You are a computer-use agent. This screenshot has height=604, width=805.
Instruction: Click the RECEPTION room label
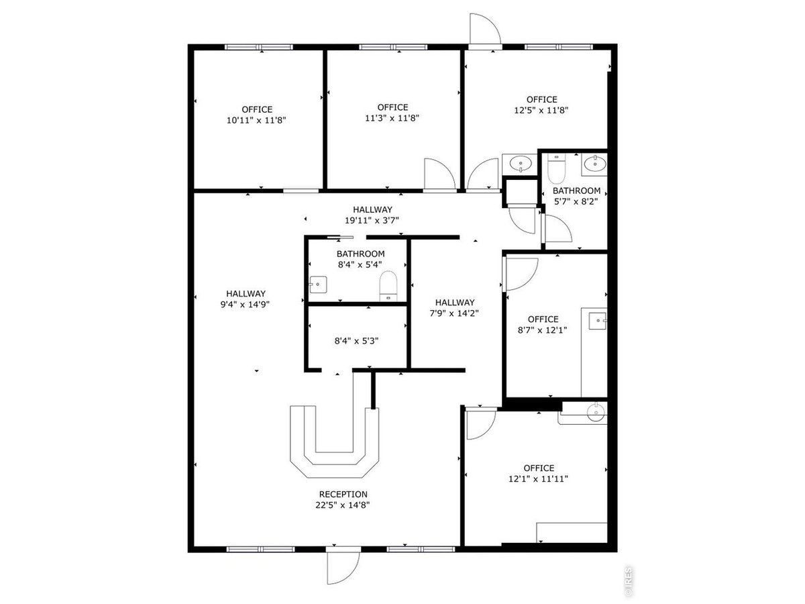tap(343, 495)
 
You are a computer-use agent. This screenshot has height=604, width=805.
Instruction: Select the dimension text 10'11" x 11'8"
tap(256, 120)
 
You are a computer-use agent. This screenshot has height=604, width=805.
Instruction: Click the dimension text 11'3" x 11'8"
tap(392, 117)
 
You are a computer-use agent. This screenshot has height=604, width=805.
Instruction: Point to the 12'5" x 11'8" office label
tap(541, 105)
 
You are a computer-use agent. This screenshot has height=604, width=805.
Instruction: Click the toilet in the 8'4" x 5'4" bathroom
tap(388, 286)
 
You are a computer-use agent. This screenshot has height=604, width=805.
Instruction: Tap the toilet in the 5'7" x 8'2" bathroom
tap(556, 168)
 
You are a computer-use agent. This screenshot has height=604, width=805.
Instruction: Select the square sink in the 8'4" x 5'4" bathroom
tap(318, 285)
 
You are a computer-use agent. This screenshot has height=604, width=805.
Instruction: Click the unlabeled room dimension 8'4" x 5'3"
tap(356, 341)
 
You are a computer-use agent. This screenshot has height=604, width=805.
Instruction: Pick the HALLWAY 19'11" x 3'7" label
tap(372, 215)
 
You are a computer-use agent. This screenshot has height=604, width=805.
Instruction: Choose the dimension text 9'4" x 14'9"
tap(245, 304)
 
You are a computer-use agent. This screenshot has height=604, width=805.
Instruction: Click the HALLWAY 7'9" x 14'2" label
tap(454, 307)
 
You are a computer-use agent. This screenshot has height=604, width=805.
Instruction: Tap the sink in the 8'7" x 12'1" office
tap(598, 321)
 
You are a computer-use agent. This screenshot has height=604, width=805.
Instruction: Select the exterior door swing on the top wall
tap(485, 30)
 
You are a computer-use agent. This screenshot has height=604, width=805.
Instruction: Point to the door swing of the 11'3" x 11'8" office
tap(439, 174)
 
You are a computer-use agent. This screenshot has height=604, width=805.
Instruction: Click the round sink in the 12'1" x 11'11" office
tap(596, 413)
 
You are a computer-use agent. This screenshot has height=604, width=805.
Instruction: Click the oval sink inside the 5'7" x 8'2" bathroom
tap(595, 163)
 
